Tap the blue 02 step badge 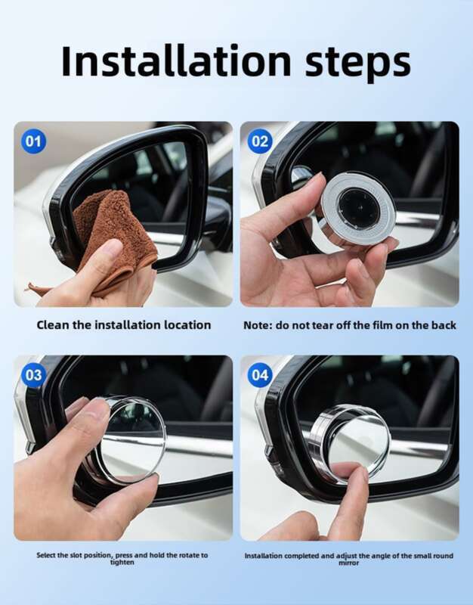tap(261, 141)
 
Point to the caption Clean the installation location tap(124, 325)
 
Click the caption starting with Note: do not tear tap(349, 325)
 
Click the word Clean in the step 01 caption tap(51, 325)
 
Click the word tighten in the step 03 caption tap(122, 563)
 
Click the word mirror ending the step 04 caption tap(349, 563)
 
